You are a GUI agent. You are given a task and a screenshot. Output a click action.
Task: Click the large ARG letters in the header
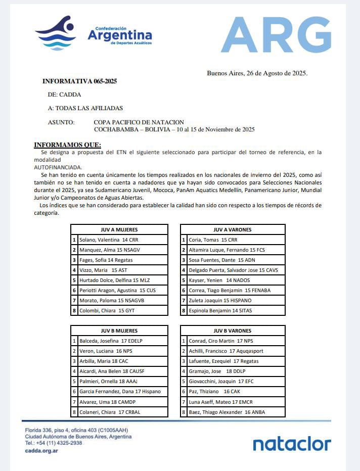[276, 35]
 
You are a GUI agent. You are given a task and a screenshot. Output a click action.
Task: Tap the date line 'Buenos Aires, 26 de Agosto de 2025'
[257, 73]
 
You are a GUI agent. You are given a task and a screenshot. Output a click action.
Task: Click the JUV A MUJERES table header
[119, 229]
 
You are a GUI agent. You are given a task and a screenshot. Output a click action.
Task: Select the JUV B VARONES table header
[233, 331]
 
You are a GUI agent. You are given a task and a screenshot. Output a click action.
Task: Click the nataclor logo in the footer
[292, 444]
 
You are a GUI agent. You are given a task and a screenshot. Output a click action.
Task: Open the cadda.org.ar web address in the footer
[41, 450]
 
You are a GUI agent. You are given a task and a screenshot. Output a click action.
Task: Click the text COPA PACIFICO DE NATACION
[139, 122]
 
